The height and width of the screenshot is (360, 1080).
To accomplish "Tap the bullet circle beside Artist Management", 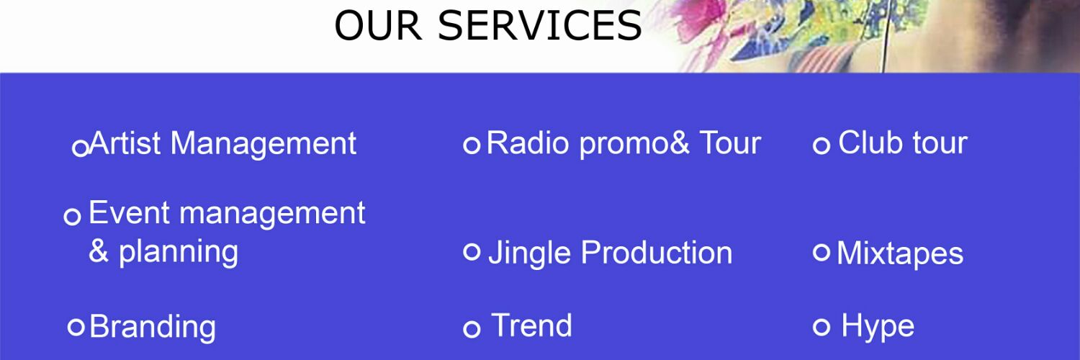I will click(81, 148).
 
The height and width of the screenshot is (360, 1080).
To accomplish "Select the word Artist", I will click(126, 143).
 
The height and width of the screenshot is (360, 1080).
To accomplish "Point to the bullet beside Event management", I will click(72, 216).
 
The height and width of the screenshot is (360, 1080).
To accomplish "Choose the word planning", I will click(179, 252).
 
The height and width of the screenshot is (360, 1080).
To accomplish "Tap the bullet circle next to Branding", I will click(76, 327).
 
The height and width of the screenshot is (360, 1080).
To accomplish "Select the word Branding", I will click(153, 326).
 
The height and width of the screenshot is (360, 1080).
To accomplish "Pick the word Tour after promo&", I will click(730, 143).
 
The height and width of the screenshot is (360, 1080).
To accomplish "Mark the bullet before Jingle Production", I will click(472, 252).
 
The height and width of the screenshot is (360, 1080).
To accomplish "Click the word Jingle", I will click(530, 253).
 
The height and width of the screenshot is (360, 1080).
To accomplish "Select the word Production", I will click(657, 253).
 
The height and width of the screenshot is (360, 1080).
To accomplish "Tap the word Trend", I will click(531, 325).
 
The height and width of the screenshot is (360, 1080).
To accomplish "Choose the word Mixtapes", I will click(900, 253).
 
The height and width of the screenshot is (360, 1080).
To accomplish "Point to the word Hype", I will click(878, 327).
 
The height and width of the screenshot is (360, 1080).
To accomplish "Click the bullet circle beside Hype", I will click(822, 327).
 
